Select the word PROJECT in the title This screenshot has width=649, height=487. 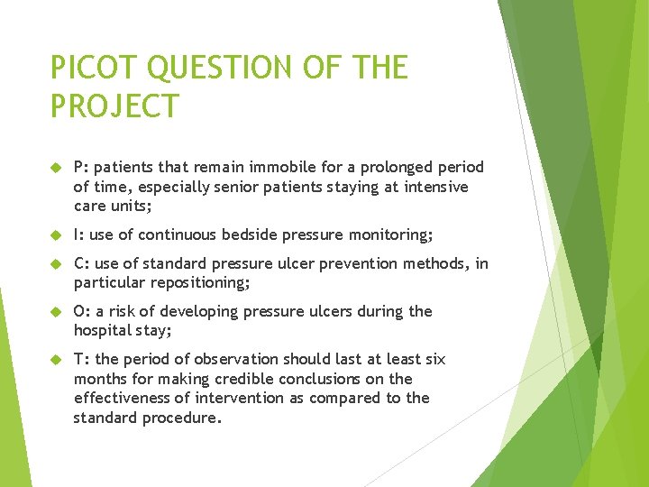[x=114, y=105]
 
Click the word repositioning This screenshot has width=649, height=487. [x=190, y=283]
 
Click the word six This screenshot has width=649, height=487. [x=434, y=359]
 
